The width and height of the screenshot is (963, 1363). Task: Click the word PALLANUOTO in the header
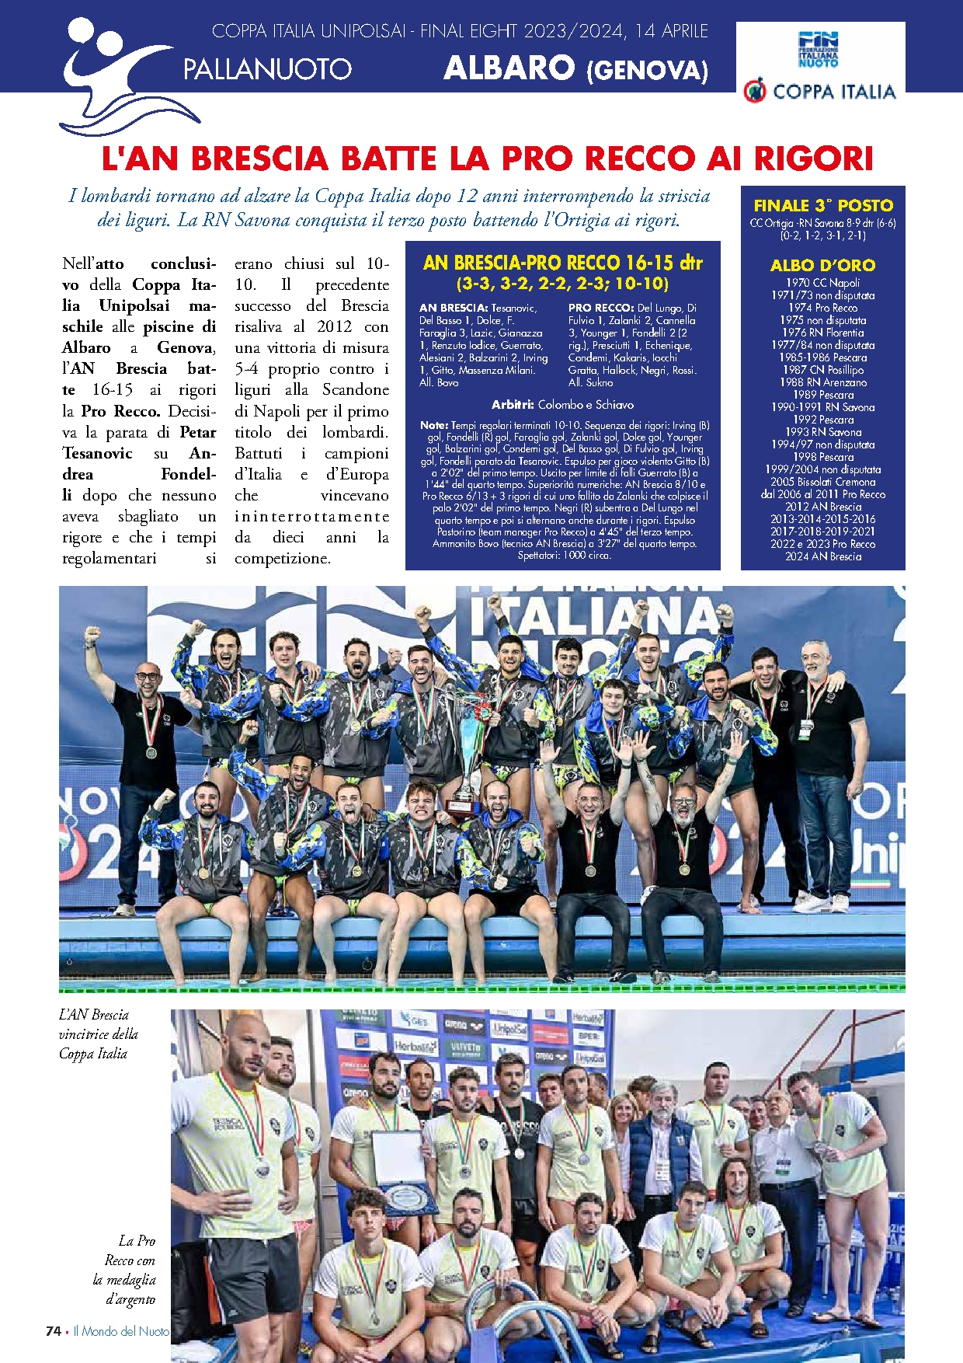[267, 69]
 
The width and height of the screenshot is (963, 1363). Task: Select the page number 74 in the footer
[53, 1330]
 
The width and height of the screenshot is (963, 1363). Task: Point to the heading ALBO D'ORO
[822, 265]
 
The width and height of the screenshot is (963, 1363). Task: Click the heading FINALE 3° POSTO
[823, 206]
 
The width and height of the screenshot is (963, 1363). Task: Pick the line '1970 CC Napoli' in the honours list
[822, 283]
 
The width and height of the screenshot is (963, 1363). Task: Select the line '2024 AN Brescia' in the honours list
[823, 556]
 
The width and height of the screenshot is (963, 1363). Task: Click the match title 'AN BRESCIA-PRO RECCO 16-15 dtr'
[562, 263]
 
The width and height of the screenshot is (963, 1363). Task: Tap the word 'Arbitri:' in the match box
[513, 405]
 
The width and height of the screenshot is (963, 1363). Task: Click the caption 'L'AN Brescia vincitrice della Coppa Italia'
[98, 1034]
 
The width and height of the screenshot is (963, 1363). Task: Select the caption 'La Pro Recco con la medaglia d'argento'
[125, 1270]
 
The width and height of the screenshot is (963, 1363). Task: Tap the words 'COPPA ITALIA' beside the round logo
[834, 92]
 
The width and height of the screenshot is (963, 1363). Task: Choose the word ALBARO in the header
[509, 68]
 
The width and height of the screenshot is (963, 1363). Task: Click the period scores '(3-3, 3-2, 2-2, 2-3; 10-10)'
[562, 283]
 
